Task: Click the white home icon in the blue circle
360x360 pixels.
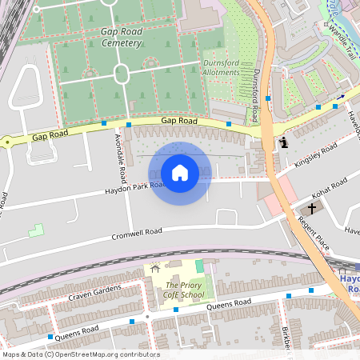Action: pos(180,173)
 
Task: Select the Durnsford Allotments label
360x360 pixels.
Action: pos(221,67)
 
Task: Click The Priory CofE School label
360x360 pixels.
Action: pos(184,290)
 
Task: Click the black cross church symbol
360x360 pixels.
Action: pos(310,208)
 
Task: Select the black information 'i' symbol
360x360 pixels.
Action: pos(284,142)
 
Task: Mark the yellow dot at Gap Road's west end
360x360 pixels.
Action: pos(8,142)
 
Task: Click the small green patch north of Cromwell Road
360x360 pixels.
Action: pos(35,230)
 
